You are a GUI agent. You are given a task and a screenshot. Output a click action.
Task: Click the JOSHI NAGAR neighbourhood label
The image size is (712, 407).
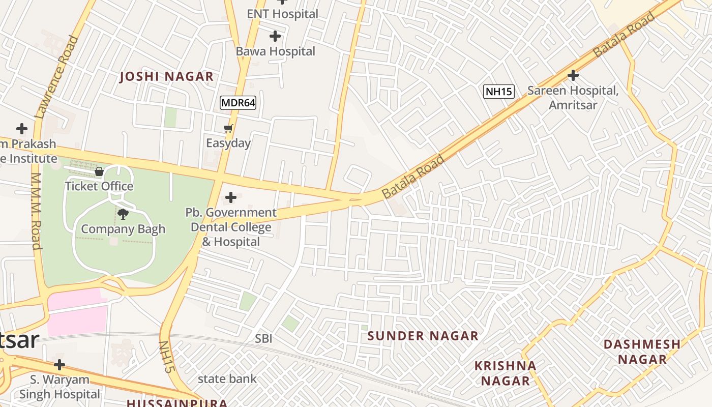[x=166, y=77]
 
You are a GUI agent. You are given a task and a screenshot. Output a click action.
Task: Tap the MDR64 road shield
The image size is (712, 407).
[x=238, y=103]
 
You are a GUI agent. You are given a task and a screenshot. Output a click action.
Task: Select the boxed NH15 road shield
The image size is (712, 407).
[x=498, y=92]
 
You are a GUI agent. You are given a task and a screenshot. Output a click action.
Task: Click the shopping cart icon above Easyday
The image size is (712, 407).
[x=228, y=129]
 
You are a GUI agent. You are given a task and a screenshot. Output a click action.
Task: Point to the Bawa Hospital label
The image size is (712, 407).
[x=275, y=51]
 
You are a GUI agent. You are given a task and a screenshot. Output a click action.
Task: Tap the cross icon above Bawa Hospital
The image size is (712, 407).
[x=275, y=36]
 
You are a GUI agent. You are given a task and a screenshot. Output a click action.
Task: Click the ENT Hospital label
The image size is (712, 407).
[x=282, y=14]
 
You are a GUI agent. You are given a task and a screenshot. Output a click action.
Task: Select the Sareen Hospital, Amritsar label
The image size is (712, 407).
[x=573, y=98]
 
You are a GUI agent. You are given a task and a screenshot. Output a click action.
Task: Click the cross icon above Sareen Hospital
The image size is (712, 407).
[x=573, y=76]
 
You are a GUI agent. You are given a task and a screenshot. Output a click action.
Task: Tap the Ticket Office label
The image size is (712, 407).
[x=99, y=186]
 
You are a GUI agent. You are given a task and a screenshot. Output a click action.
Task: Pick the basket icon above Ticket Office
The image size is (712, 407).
[x=99, y=171]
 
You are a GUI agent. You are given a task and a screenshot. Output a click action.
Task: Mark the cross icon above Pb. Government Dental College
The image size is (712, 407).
[x=231, y=197]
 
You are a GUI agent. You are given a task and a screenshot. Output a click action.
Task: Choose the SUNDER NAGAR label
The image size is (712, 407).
[x=423, y=336]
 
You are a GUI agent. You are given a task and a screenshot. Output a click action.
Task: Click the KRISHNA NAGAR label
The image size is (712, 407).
[x=505, y=373]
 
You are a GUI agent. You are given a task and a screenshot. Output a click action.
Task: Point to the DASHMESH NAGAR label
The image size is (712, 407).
[x=642, y=352]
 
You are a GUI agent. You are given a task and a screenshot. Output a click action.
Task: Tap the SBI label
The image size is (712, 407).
[x=263, y=338]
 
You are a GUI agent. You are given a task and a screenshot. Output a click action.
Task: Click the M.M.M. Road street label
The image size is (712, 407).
[x=36, y=211]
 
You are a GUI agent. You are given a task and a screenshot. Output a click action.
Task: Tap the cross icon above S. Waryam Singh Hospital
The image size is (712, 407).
[x=60, y=365]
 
